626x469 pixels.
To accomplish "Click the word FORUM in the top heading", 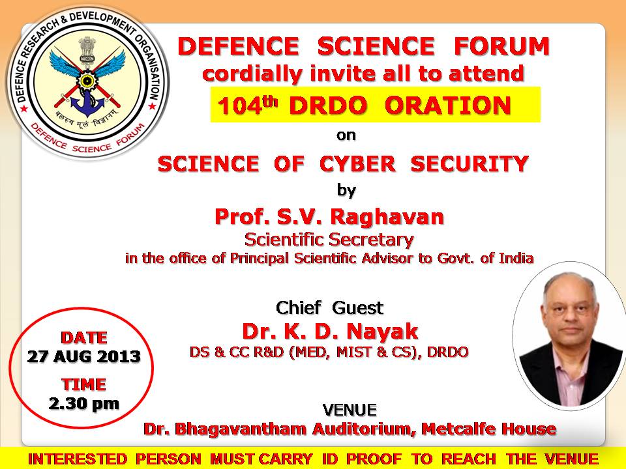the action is (502, 46).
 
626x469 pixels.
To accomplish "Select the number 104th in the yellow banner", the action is (247, 106).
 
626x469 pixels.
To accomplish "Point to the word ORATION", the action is (447, 106).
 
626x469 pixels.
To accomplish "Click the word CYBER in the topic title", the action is (358, 164).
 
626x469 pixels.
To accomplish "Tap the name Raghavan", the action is (387, 217).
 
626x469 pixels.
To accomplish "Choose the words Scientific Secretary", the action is (329, 239).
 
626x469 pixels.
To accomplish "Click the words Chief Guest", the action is (329, 307).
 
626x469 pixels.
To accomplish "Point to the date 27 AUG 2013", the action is (84, 356).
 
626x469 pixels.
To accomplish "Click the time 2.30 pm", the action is (84, 404).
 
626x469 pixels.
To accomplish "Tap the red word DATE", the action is (84, 337).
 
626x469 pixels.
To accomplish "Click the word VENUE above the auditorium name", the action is (350, 410).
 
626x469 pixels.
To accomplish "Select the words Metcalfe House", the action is (488, 429).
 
